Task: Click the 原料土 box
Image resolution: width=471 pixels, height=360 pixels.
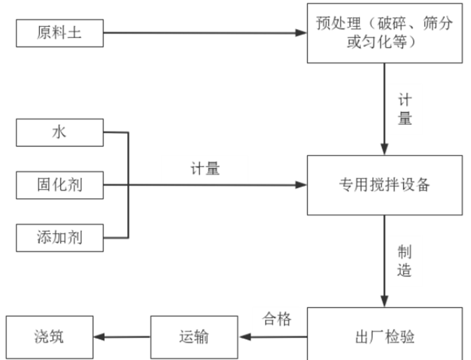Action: (59, 33)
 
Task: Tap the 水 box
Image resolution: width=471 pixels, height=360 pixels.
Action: (59, 132)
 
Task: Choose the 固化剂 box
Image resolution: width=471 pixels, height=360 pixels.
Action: (59, 185)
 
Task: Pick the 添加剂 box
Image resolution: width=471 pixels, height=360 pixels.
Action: (59, 237)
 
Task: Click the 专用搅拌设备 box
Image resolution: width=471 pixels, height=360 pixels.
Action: (384, 185)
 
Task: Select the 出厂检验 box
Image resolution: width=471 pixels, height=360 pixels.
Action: (384, 336)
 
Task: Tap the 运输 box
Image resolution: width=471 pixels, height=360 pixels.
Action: (194, 336)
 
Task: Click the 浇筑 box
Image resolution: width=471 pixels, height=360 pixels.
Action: (49, 336)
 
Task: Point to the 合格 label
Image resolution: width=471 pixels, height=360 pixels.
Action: (277, 319)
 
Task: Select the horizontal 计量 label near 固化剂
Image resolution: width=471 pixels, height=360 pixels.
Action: (205, 169)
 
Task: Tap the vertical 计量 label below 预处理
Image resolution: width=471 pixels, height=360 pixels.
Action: (404, 109)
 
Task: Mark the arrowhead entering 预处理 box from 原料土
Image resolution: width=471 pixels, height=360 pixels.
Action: (301, 33)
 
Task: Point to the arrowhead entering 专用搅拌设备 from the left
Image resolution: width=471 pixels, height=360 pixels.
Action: (301, 185)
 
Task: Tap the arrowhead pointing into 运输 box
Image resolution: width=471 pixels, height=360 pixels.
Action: (244, 337)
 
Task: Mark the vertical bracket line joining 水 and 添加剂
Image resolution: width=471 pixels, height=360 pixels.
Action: (128, 185)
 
